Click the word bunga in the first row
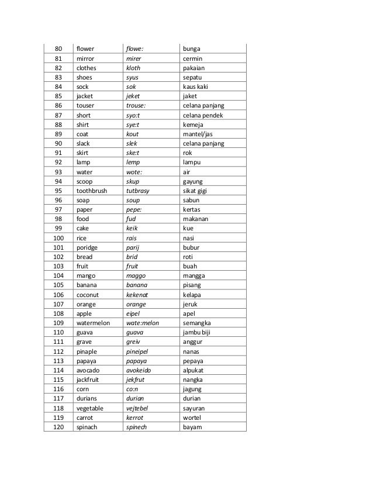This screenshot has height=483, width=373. (x=192, y=49)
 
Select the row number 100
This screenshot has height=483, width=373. (x=58, y=239)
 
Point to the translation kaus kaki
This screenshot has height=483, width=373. (x=196, y=87)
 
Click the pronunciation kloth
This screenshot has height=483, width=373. (x=133, y=67)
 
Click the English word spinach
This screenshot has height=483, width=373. (x=88, y=427)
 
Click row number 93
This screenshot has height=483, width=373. (x=58, y=172)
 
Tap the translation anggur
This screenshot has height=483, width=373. (x=194, y=341)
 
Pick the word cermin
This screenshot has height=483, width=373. (x=194, y=58)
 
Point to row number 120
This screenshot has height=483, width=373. (x=58, y=427)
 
